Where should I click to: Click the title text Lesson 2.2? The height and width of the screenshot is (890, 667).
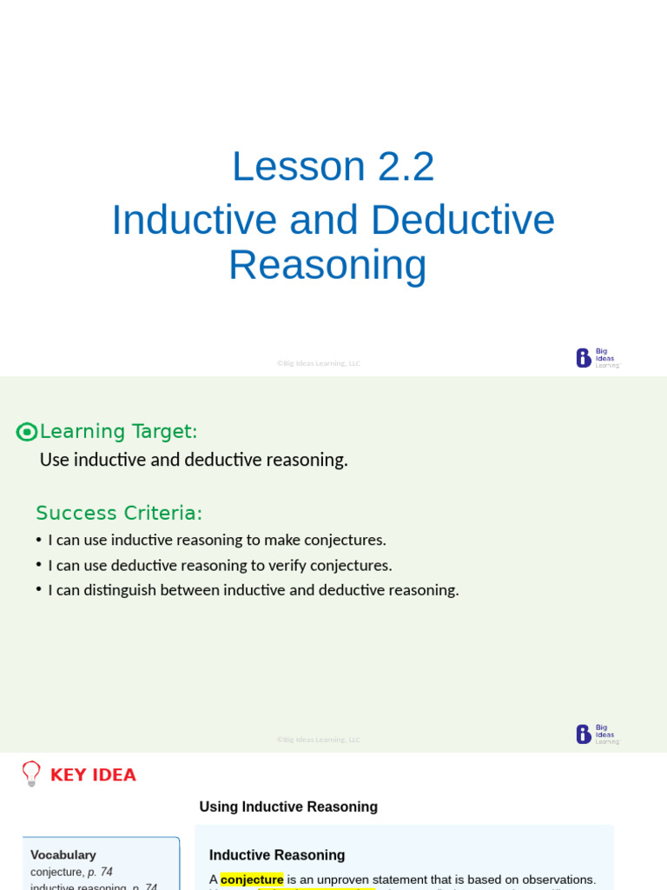[x=333, y=166]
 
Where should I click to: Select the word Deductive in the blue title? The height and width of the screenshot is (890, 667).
[x=463, y=220]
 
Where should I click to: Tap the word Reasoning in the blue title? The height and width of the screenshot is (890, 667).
[x=327, y=265]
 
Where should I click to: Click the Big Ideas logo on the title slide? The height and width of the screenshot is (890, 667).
[x=598, y=358]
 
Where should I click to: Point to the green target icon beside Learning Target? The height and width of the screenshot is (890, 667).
[x=27, y=432]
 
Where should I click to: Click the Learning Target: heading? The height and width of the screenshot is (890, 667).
[x=119, y=431]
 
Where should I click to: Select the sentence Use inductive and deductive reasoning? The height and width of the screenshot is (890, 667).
[x=194, y=460]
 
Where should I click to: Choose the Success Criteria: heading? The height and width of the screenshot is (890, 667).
[x=119, y=513]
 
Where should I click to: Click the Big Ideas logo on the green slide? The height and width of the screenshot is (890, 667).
[x=598, y=734]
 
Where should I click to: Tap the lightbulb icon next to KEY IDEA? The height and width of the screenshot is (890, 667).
[x=31, y=774]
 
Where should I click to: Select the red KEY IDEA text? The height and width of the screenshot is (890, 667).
[x=93, y=774]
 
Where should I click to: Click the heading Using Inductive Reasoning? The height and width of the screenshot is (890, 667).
[x=288, y=807]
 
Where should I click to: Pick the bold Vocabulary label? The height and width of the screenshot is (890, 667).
[x=63, y=854]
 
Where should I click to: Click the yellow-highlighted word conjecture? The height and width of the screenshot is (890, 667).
[x=252, y=880]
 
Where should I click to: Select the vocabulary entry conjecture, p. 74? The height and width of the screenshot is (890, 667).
[x=71, y=872]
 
